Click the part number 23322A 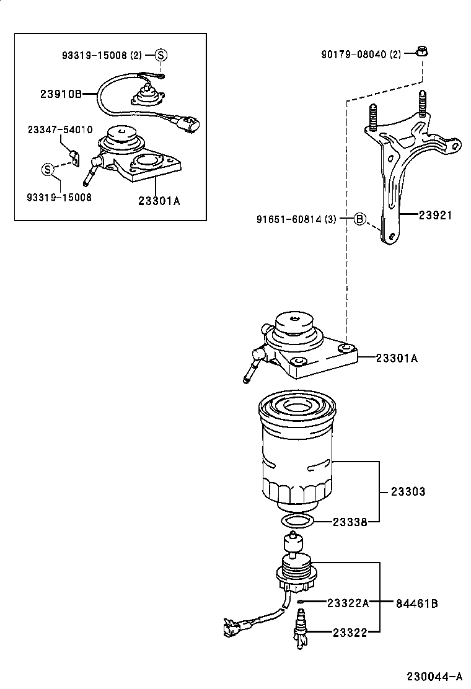(348, 603)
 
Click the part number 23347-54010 (60, 129)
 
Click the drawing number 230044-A (434, 675)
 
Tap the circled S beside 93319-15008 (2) (161, 55)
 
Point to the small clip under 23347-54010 (74, 158)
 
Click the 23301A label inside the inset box (159, 200)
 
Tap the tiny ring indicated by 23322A (299, 602)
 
